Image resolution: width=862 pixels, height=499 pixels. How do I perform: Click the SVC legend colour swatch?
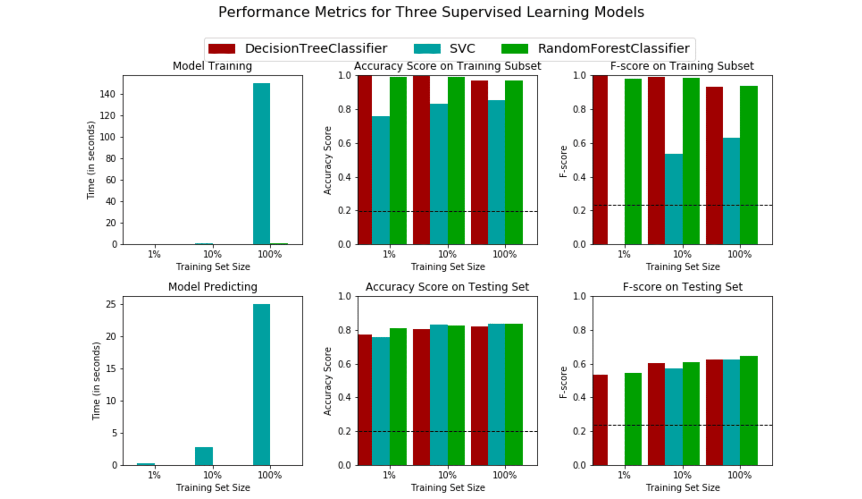point(427,49)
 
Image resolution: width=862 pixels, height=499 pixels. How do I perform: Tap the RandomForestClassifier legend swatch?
point(514,49)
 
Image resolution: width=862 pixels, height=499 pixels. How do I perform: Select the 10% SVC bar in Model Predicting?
point(204,456)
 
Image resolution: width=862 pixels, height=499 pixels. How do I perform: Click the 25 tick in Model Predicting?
point(111,304)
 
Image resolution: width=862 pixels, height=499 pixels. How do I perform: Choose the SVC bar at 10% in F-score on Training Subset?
point(674,199)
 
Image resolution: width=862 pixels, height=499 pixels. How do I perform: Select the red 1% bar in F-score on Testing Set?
point(600,420)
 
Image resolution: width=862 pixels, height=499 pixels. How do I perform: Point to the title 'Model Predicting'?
point(212,287)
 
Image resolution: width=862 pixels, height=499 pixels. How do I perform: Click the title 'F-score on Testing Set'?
point(683,287)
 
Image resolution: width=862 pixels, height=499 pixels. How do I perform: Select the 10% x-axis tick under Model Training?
point(212,254)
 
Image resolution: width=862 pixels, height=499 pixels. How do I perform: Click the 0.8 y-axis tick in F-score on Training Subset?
point(579,109)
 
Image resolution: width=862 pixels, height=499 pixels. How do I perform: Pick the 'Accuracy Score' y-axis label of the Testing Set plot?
point(327,381)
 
